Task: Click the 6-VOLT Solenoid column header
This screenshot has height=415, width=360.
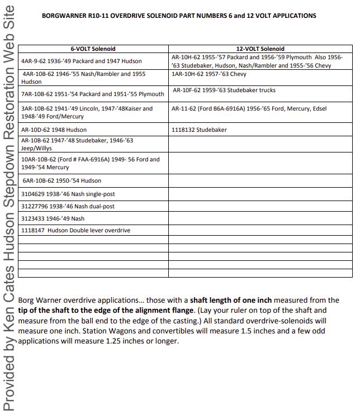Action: [93, 49]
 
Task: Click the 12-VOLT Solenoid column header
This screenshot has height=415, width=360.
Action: [260, 49]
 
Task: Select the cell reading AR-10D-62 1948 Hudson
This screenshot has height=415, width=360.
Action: [54, 130]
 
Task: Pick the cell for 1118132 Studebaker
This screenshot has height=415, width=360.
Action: [200, 130]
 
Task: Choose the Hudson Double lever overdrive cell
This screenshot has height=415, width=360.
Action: [75, 230]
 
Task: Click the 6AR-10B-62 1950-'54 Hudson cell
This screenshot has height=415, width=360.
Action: [61, 180]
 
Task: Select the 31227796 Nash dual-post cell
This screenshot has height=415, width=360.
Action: [68, 206]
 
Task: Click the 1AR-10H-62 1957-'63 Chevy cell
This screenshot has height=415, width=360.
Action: [210, 74]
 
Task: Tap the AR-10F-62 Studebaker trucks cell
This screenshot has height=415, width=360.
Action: [224, 90]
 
